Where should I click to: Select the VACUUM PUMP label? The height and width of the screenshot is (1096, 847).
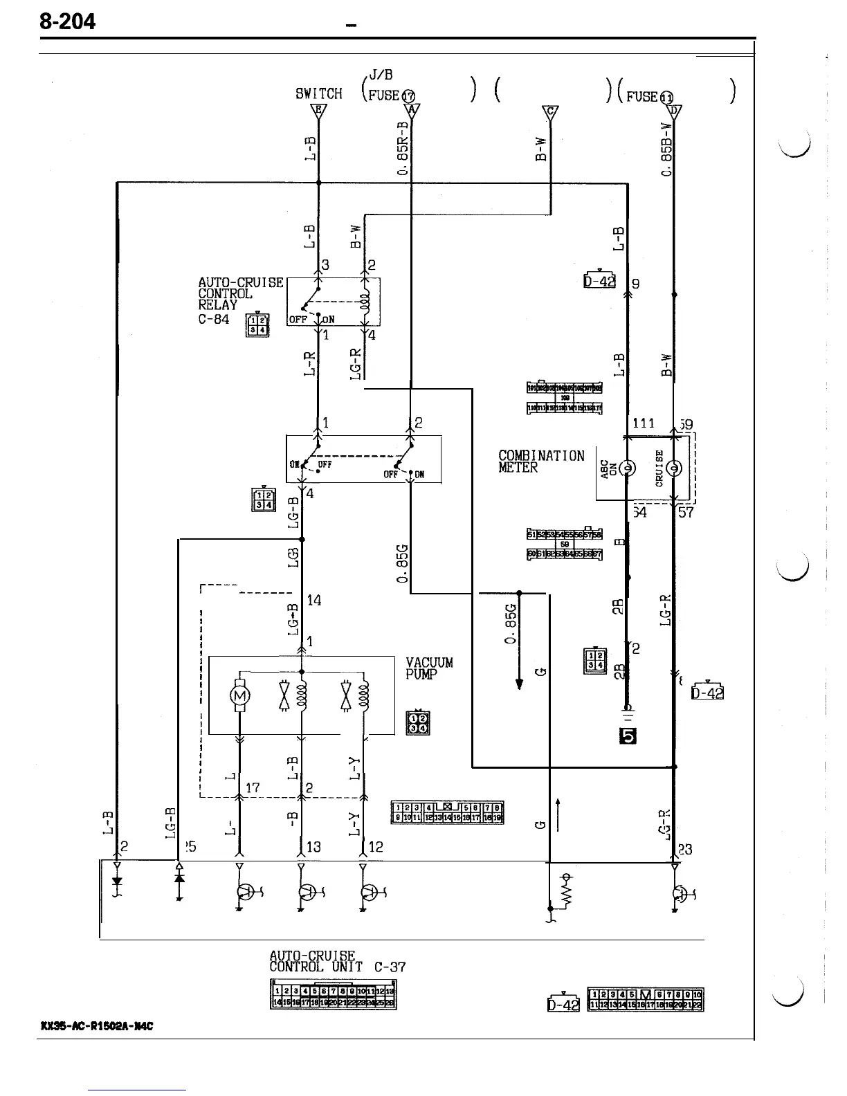pyautogui.click(x=429, y=668)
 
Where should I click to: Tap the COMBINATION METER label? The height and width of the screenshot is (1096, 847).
pyautogui.click(x=541, y=461)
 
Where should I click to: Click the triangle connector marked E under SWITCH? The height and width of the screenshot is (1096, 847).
pyautogui.click(x=318, y=111)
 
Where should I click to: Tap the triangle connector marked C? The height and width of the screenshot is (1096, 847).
pyautogui.click(x=550, y=112)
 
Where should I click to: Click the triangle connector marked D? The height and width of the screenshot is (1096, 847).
pyautogui.click(x=675, y=111)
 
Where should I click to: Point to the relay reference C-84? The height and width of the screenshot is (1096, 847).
pyautogui.click(x=214, y=319)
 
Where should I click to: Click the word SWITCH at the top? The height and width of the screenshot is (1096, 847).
pyautogui.click(x=318, y=93)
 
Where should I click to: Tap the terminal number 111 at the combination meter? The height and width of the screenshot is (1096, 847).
pyautogui.click(x=644, y=423)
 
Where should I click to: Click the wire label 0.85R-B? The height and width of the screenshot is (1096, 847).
pyautogui.click(x=403, y=149)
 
